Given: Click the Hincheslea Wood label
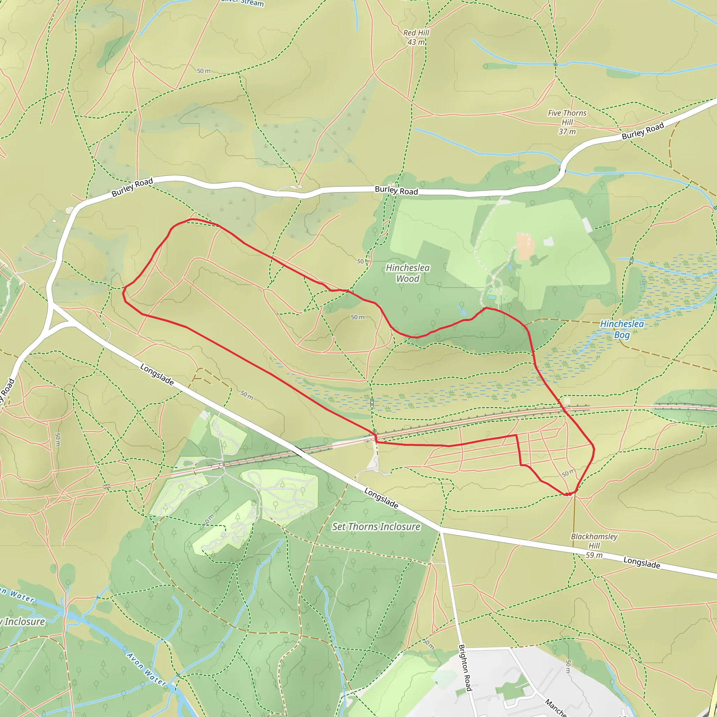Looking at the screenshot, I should tap(408, 273).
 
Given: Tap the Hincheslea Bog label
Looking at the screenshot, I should tap(622, 329).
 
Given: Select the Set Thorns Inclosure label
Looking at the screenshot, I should tap(376, 526).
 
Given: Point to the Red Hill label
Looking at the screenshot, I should tap(416, 33).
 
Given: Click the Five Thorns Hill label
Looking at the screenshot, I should tap(567, 117).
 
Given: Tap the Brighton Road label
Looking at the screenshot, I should tap(465, 668).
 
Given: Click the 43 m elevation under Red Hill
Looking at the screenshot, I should tap(416, 42).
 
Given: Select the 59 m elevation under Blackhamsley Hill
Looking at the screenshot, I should tap(594, 555).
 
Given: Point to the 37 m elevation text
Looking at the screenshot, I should tap(567, 131).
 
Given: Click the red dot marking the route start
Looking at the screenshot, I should tap(568, 494).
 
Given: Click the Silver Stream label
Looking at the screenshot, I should tap(243, 3).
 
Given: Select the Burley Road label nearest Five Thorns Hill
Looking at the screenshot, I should tap(643, 131).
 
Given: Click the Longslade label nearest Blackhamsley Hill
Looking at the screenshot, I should tap(641, 563).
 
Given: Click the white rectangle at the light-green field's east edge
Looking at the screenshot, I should tap(587, 225).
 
